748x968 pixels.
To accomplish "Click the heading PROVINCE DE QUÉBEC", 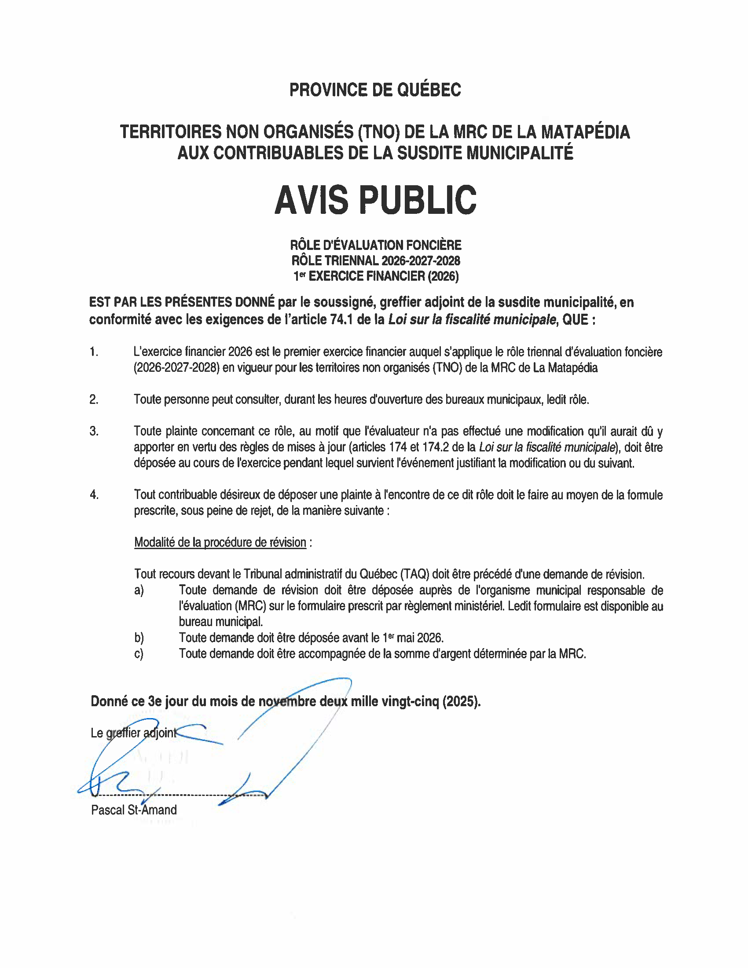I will tap(375, 90).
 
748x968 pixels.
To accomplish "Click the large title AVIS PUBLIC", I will tap(375, 200).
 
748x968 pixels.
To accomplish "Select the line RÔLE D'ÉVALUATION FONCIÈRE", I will tap(375, 245).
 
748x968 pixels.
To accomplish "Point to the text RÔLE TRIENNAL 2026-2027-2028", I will tap(375, 260).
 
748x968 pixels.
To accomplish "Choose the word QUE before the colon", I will tap(575, 319).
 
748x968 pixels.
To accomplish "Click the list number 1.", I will tap(93, 352).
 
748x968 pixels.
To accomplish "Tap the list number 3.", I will tap(93, 431).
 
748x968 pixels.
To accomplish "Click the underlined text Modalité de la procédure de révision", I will tap(220, 543).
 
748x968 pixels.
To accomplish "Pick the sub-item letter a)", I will tap(139, 590).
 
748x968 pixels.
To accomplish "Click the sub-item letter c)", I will tap(139, 654).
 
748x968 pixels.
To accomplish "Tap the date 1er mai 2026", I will tap(413, 638).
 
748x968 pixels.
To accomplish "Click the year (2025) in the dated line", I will tap(461, 701).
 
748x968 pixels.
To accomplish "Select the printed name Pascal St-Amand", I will tap(134, 810).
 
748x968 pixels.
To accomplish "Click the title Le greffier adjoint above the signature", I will tap(133, 733).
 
